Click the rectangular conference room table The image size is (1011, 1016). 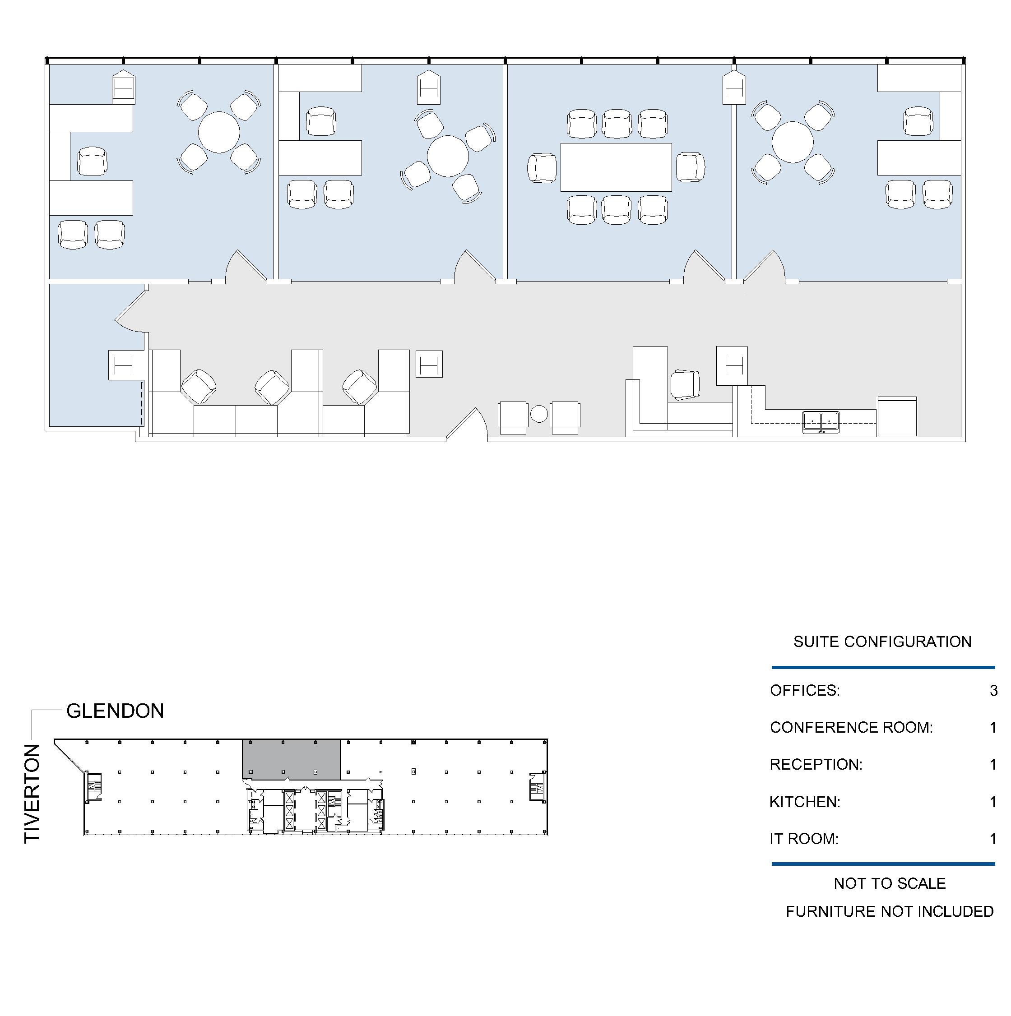[616, 167]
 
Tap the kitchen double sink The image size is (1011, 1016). [821, 422]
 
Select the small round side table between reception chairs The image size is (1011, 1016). [539, 414]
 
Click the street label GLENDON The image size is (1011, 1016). [115, 711]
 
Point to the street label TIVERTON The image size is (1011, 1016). [32, 794]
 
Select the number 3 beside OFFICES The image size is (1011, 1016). [993, 690]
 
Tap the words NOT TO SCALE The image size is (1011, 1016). [890, 883]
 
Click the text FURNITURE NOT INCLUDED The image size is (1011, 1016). [890, 911]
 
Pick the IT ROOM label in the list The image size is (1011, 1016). [804, 839]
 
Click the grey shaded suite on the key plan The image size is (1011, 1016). [291, 759]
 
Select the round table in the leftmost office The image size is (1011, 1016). [219, 133]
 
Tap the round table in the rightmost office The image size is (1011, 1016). [793, 142]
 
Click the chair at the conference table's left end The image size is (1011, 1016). [542, 168]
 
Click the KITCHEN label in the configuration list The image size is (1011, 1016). [805, 802]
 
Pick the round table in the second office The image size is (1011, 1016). [448, 156]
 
